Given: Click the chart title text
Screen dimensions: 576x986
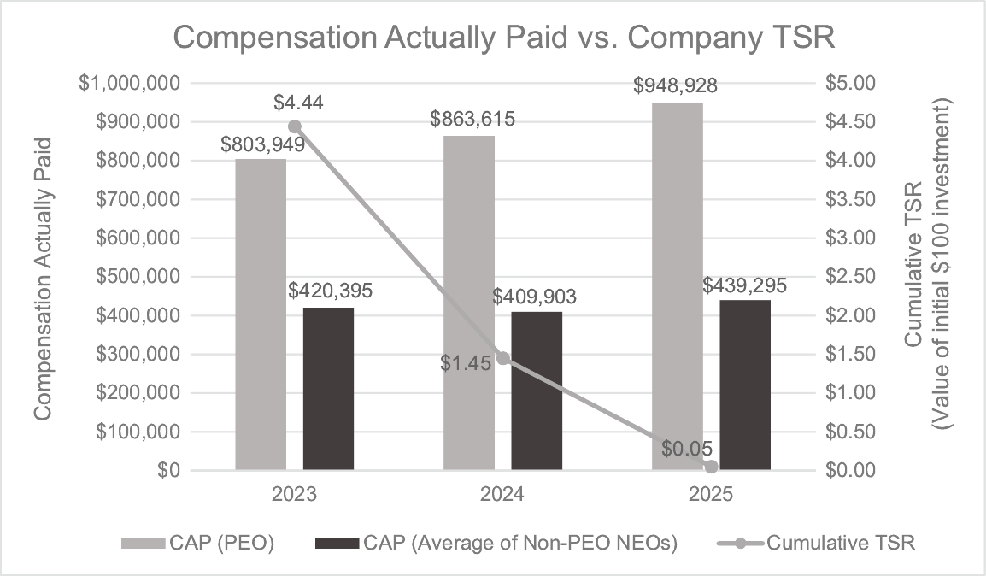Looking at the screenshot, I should point(493,39).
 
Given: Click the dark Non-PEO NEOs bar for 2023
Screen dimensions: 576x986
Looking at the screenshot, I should point(328,388).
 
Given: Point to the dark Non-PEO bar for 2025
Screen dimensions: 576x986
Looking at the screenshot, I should point(745,385).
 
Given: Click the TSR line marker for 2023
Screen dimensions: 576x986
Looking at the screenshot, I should point(295,126).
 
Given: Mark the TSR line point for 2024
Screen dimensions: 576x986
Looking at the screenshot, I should point(503,358).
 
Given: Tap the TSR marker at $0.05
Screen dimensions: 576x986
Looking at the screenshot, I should point(711,467).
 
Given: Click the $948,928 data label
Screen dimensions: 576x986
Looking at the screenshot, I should point(675,85).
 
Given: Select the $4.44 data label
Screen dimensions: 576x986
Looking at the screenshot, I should point(298,103).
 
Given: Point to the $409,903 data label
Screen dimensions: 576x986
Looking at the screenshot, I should point(535,297).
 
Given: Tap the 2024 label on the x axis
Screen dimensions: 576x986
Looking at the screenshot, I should point(502,495).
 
